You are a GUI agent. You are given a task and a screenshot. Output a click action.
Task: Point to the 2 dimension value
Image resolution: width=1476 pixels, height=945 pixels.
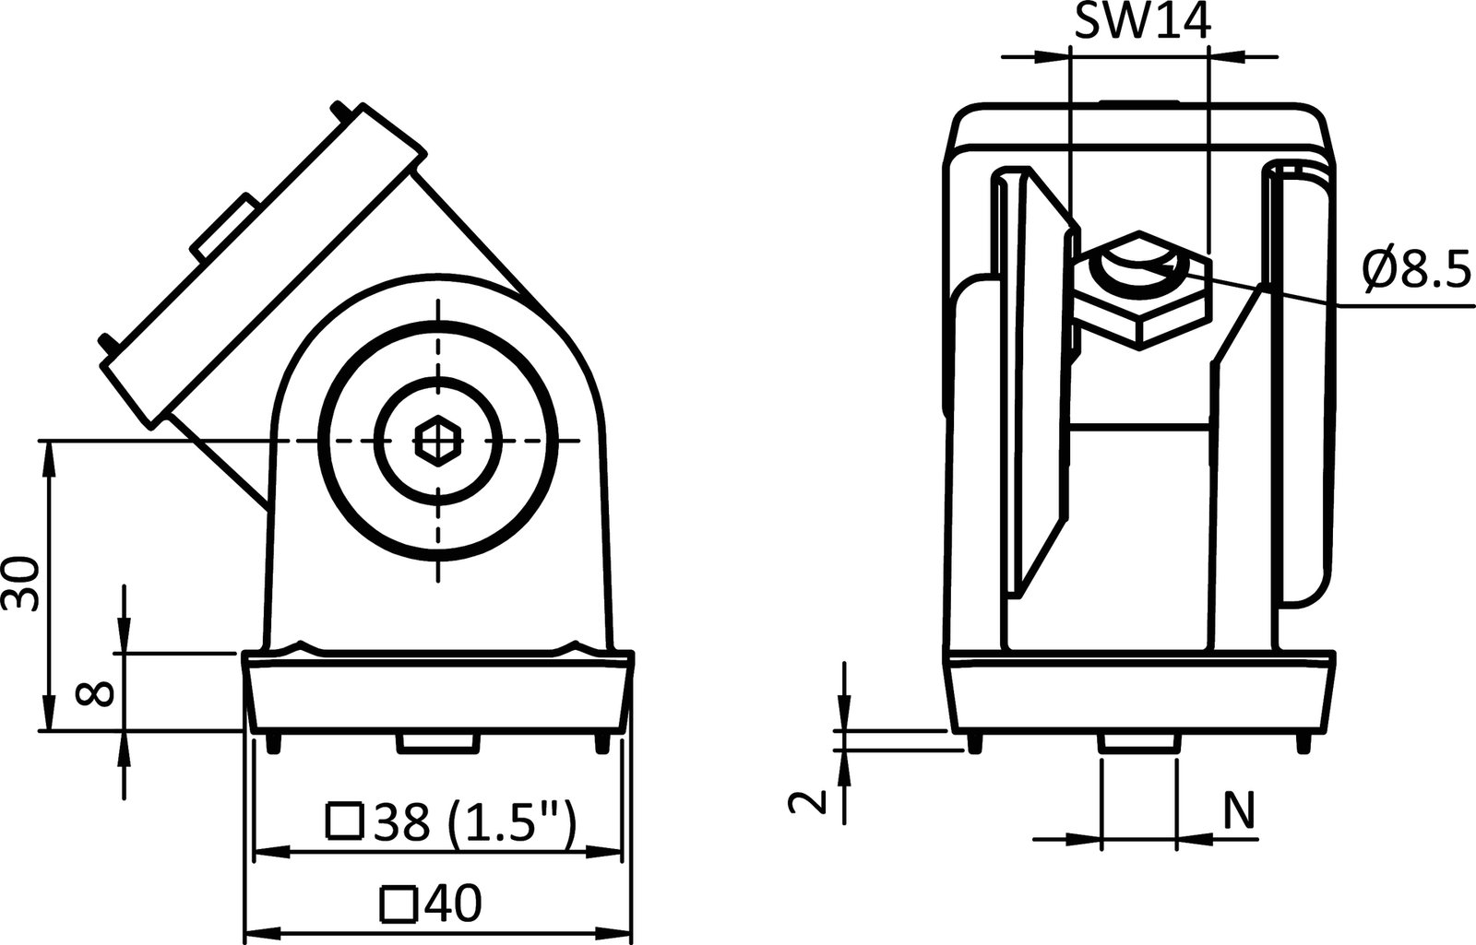coord(807,803)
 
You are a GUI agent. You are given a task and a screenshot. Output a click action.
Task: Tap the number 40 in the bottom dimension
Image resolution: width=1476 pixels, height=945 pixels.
coord(453,904)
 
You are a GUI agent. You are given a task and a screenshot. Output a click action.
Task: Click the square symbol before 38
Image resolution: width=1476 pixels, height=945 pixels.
coord(344,821)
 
